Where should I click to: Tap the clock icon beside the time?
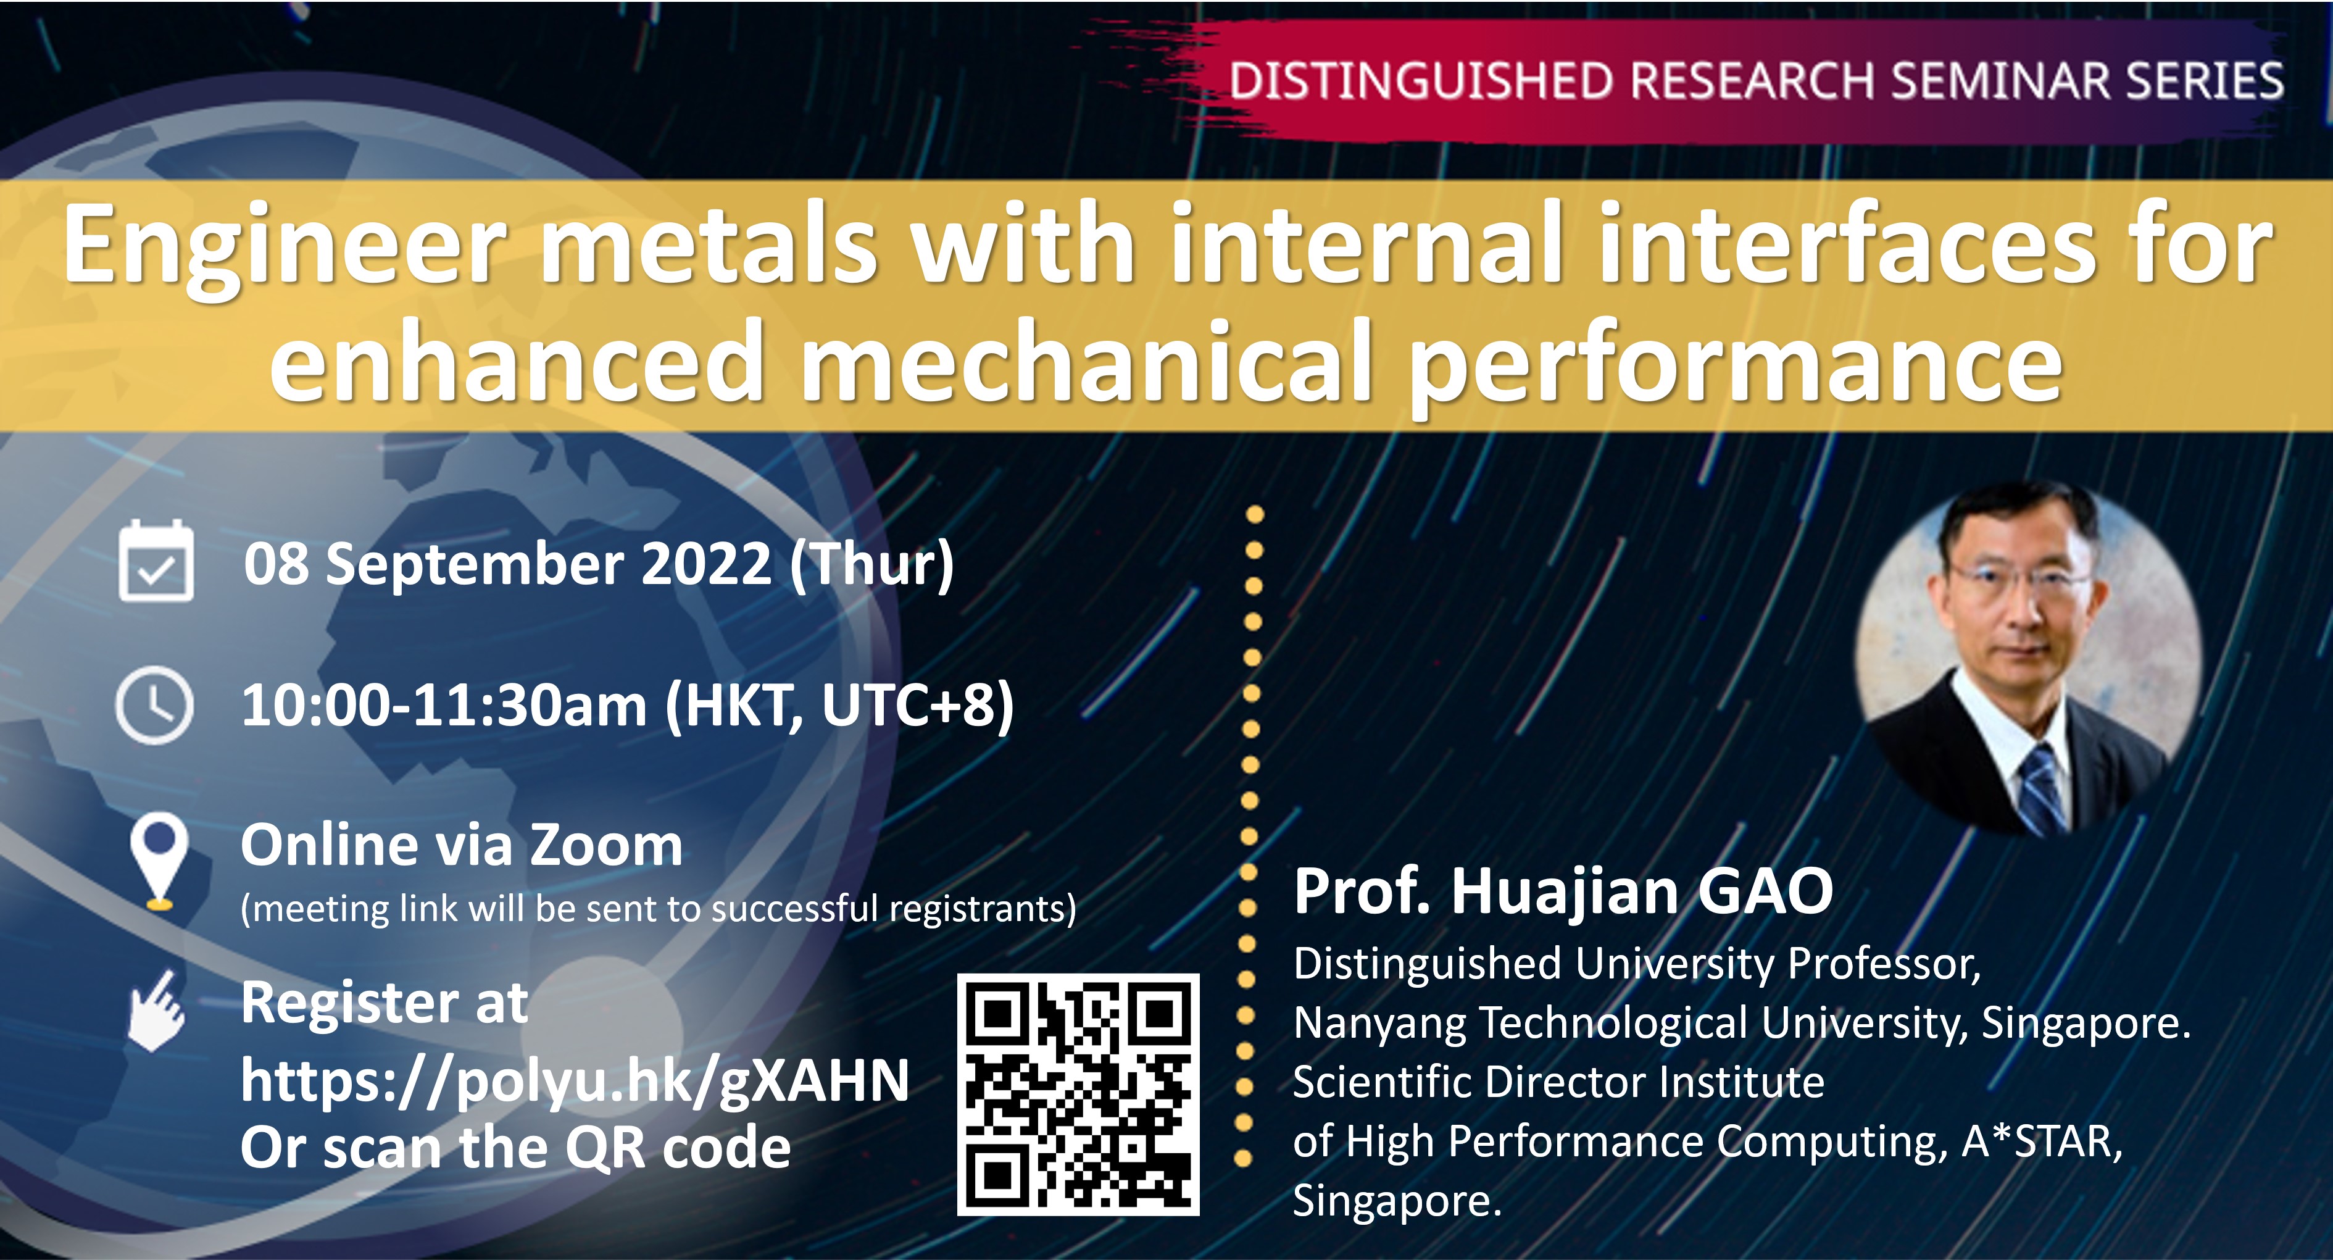pyautogui.click(x=155, y=705)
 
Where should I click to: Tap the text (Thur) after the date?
pyautogui.click(x=872, y=564)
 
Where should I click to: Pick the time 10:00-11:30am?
pyautogui.click(x=444, y=705)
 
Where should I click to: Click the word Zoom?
pyautogui.click(x=606, y=845)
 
